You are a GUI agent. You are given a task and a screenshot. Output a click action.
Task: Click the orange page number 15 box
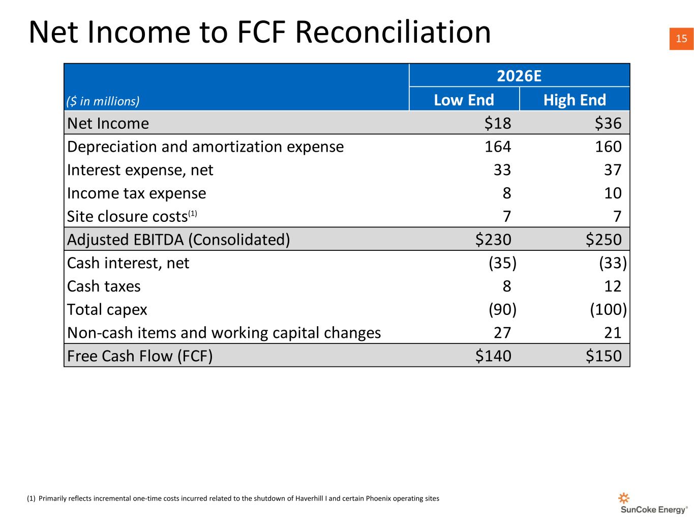681,39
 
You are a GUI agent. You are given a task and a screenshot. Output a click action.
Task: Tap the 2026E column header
519,76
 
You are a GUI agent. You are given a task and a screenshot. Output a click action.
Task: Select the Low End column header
464,100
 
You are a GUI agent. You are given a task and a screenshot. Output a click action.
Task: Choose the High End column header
575,100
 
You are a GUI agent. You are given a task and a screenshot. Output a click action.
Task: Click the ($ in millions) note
103,101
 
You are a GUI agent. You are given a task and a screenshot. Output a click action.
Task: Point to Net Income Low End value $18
497,123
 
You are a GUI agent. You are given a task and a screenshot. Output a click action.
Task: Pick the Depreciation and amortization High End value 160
608,147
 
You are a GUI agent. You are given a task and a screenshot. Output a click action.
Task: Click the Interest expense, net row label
140,170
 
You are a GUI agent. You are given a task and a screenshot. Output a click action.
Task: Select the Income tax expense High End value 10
613,193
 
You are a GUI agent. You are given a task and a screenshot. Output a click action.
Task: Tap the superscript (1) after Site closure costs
193,213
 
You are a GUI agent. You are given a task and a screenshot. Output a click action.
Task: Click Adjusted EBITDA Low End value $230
493,240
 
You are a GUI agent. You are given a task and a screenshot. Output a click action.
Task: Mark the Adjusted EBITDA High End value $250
604,240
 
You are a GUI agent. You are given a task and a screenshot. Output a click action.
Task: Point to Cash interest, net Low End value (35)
502,263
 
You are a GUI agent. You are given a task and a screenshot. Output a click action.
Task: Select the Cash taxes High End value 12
613,286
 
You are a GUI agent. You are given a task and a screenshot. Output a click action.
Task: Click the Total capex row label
107,310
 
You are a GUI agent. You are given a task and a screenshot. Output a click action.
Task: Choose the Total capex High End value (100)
608,309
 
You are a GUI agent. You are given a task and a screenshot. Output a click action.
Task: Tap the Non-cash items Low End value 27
502,333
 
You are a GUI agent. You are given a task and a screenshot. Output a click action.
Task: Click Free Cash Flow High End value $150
604,356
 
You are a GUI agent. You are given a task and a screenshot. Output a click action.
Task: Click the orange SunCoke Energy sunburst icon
623,498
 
